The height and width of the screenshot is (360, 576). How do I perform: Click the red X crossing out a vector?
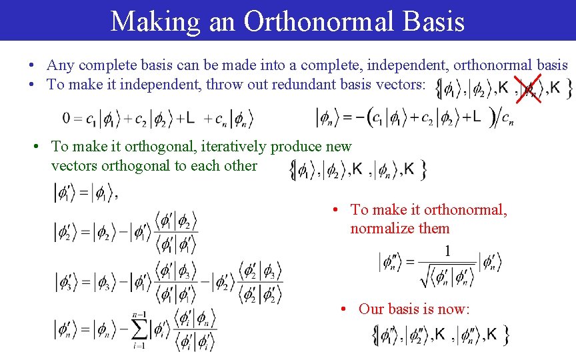531,88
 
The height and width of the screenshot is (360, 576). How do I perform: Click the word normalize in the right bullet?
383,228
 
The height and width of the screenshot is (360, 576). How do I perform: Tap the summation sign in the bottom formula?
141,329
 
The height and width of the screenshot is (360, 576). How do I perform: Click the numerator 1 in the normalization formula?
447,251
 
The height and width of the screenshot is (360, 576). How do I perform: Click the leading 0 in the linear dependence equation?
67,118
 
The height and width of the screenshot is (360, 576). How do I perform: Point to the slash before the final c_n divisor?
494,118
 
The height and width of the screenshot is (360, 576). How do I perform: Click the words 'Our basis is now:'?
414,309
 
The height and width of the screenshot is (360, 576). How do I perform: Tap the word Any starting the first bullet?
61,65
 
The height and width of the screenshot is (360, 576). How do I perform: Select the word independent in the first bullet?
417,65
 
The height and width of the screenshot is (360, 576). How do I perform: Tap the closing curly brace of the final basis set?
507,335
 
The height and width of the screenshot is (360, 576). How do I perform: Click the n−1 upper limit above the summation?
139,314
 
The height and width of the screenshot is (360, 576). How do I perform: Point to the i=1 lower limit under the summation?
139,346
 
